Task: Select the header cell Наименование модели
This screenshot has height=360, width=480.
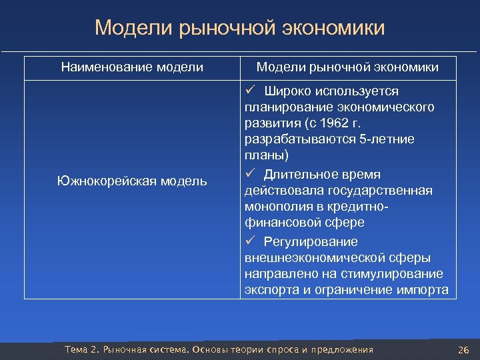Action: tap(132, 67)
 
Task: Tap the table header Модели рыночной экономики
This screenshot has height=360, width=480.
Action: tap(347, 67)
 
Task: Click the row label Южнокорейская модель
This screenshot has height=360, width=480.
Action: tap(132, 181)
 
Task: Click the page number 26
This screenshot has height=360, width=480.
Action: tap(464, 350)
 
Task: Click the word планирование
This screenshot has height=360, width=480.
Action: tap(287, 107)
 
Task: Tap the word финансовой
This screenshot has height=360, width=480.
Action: tap(279, 224)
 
